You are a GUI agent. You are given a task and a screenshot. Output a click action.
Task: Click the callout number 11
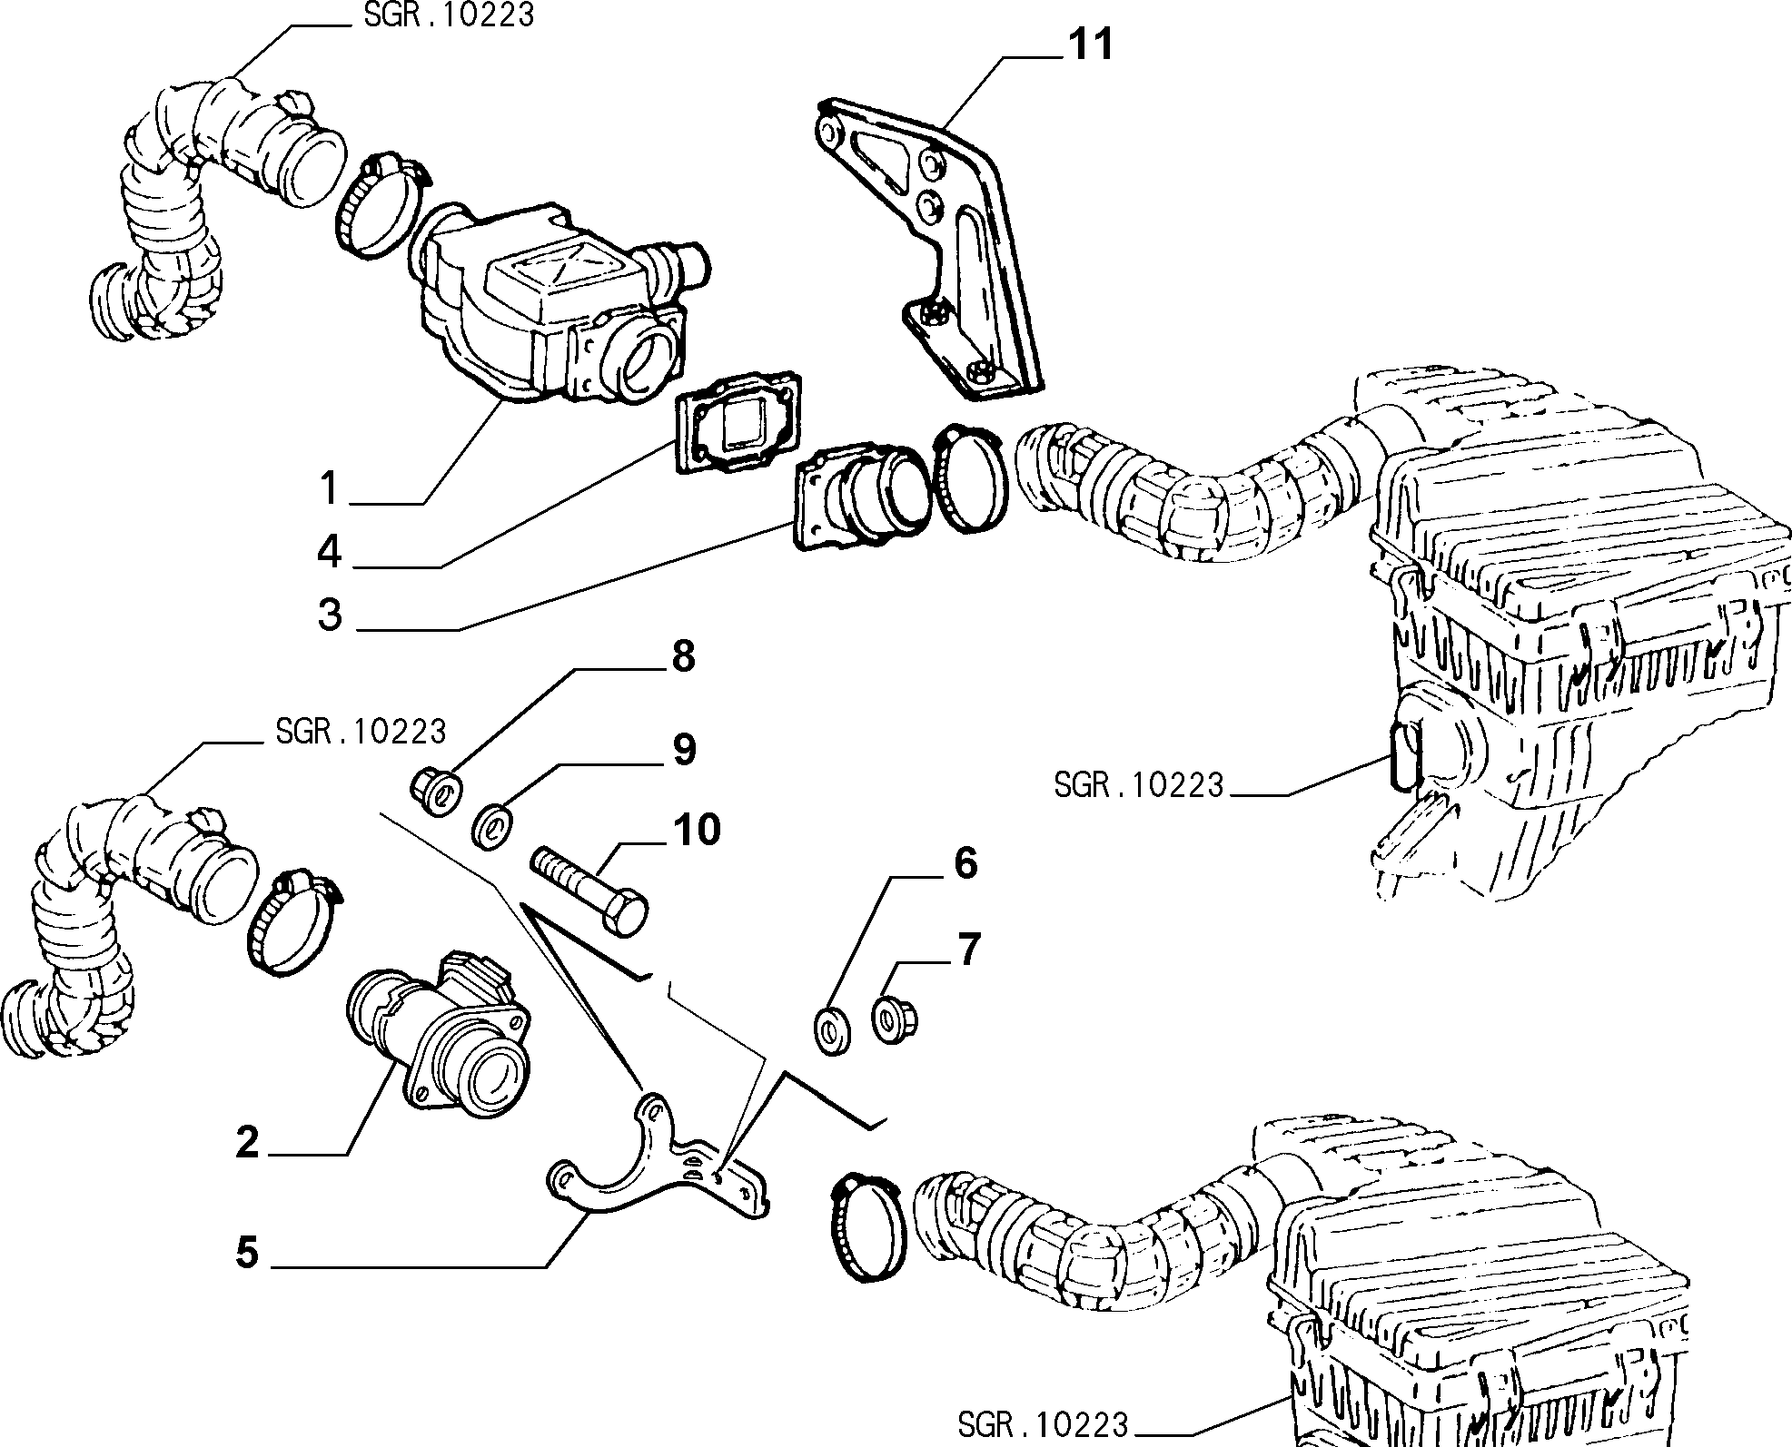[x=1089, y=44]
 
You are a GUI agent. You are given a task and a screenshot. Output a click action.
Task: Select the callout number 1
[x=329, y=487]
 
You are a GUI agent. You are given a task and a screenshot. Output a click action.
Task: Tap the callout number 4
[x=329, y=551]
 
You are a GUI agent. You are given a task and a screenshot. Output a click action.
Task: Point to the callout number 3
[x=330, y=614]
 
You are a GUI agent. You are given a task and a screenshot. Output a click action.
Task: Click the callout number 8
[x=682, y=655]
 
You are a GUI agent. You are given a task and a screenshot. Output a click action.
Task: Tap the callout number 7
[x=969, y=950]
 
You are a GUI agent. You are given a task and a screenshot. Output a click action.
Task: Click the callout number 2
[x=247, y=1141]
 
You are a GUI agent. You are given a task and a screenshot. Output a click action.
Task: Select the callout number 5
[x=247, y=1253]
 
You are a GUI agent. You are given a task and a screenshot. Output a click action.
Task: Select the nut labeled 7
[x=895, y=1018]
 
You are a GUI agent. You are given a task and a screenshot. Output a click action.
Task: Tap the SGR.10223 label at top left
[x=443, y=15]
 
